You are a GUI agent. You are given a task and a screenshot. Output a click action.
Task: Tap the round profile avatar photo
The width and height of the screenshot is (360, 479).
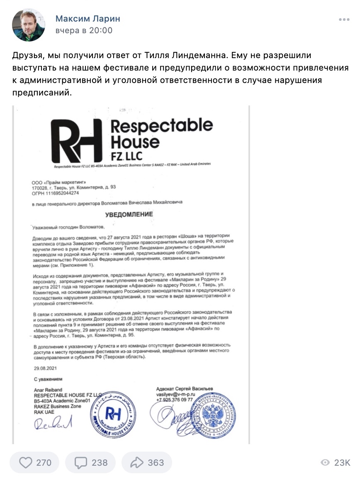tap(29, 25)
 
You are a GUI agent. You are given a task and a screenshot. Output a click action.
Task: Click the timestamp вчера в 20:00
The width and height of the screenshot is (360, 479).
tap(84, 31)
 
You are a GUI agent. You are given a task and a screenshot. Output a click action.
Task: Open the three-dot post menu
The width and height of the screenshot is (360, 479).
tap(344, 20)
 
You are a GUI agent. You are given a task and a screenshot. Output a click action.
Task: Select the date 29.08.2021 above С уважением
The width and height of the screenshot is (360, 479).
tap(45, 368)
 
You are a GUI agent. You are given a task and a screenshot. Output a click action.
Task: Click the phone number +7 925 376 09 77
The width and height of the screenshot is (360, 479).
tap(175, 400)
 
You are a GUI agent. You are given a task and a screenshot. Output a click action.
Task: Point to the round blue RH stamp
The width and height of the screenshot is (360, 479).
tap(113, 413)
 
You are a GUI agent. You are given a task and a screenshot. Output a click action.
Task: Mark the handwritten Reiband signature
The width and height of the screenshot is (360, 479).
tap(53, 423)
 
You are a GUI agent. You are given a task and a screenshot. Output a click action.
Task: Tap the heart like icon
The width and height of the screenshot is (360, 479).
tap(26, 462)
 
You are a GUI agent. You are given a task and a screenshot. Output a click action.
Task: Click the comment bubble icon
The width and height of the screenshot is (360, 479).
tap(81, 462)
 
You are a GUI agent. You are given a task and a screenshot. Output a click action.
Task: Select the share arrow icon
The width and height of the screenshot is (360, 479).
tap(137, 462)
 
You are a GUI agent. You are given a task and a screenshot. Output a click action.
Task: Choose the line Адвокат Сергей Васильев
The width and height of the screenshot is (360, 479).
tap(185, 388)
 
